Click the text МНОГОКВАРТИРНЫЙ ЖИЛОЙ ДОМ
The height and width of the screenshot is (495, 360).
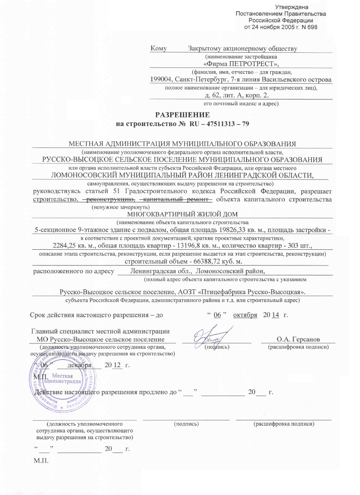click(x=182, y=214)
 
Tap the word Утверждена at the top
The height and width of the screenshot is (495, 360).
click(x=292, y=7)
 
